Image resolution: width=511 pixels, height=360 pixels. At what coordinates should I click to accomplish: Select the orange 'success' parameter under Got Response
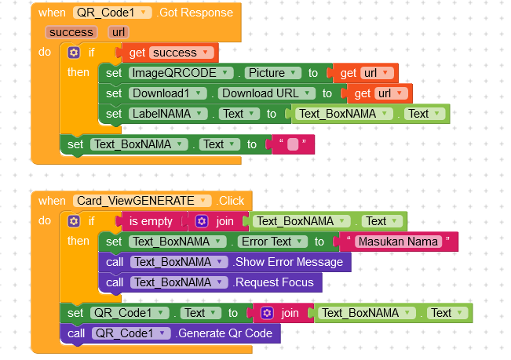click(71, 32)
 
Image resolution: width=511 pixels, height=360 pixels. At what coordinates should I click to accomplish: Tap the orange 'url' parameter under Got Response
click(119, 32)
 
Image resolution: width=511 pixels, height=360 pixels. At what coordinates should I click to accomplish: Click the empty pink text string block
click(293, 144)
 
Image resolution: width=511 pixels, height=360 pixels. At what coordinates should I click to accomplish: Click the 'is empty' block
click(151, 221)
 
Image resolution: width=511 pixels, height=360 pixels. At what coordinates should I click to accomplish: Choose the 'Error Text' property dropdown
click(271, 242)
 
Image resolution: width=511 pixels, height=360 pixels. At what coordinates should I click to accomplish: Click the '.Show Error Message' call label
click(288, 262)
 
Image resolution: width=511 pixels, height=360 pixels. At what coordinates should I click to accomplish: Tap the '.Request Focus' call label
click(273, 282)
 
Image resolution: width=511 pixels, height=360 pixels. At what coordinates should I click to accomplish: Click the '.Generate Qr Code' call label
click(224, 333)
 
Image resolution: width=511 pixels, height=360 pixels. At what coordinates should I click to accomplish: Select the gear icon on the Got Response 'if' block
click(74, 53)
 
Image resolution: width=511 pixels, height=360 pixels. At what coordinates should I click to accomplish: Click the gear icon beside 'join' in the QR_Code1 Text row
click(267, 313)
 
